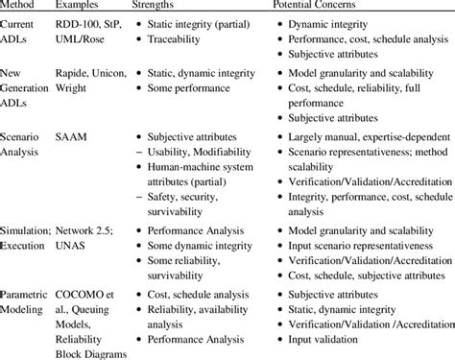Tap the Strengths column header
159,9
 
